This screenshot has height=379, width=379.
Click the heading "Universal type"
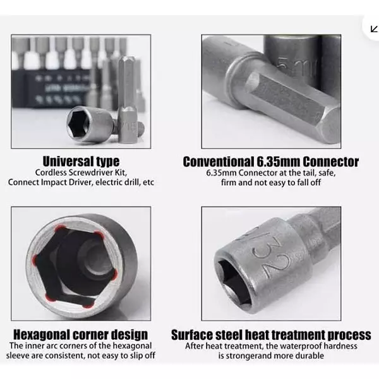(x=81, y=162)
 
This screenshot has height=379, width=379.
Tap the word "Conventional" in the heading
(x=217, y=162)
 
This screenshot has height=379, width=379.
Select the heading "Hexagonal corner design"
(x=80, y=335)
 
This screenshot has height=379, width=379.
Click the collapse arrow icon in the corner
(x=374, y=29)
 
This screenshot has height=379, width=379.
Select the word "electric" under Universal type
(x=109, y=183)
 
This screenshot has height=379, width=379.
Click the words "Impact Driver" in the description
(x=67, y=183)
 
